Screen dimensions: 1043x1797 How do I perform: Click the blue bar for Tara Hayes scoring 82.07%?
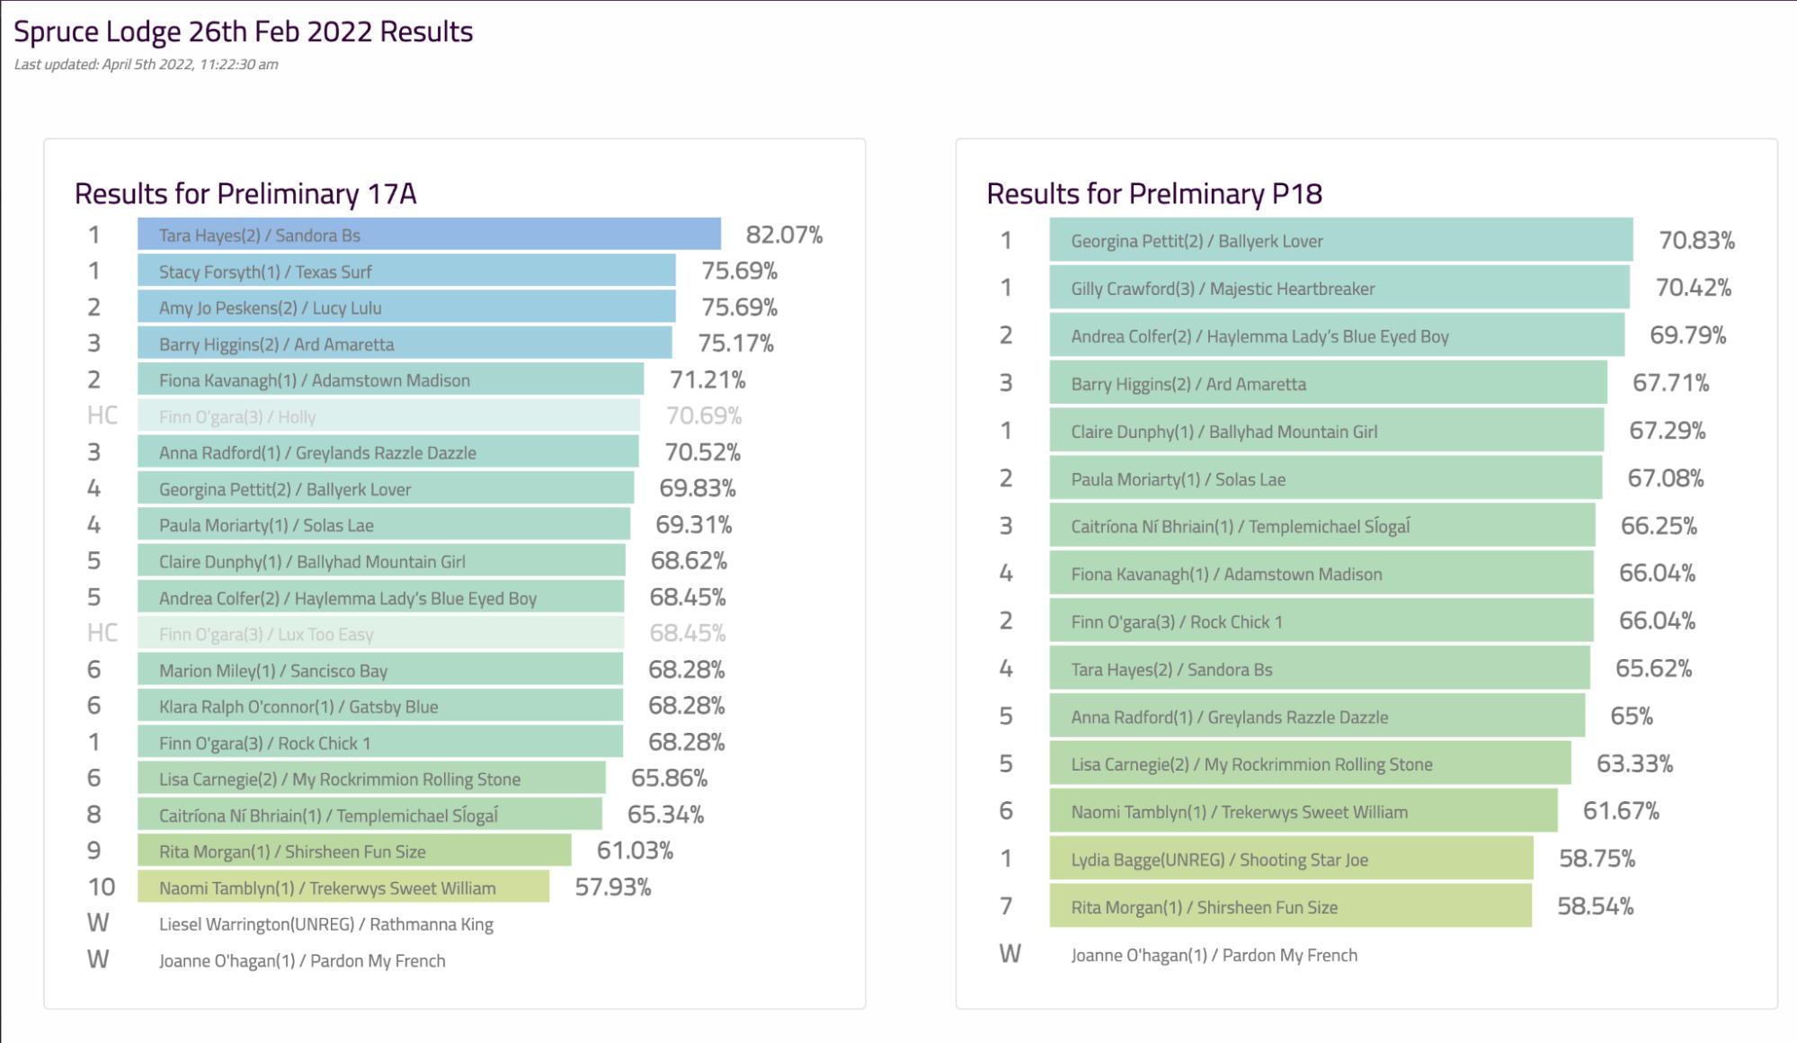tap(429, 235)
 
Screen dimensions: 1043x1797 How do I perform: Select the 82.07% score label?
tap(784, 235)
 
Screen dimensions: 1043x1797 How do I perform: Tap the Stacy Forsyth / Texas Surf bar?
tap(406, 272)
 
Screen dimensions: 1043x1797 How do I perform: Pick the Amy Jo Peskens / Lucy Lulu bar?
tap(406, 308)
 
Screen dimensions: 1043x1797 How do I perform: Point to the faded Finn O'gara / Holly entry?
tap(388, 416)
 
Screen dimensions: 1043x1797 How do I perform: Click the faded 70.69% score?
tap(703, 416)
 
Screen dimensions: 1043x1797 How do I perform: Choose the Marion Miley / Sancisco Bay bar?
tap(379, 670)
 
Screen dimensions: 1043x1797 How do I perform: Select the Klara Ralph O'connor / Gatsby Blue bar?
tap(379, 707)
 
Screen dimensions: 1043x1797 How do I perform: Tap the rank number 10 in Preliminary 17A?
tap(101, 887)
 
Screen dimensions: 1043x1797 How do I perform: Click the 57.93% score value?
tap(613, 887)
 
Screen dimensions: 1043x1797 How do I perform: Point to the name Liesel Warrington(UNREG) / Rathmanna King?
tap(325, 924)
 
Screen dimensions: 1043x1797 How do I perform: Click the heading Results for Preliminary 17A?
tap(245, 194)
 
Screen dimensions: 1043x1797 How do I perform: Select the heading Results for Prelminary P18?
tap(1154, 194)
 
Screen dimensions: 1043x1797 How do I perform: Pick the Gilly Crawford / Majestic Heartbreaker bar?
tap(1339, 289)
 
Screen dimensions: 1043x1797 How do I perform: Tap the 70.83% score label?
tap(1696, 241)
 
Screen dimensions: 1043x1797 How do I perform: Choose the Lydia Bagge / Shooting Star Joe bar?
tap(1291, 860)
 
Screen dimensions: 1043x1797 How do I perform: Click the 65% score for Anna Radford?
tap(1632, 717)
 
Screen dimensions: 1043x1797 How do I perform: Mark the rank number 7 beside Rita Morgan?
tap(1006, 906)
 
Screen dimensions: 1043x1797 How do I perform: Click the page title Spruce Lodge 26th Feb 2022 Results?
tap(243, 31)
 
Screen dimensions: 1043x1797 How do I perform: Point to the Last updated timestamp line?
tap(146, 65)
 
